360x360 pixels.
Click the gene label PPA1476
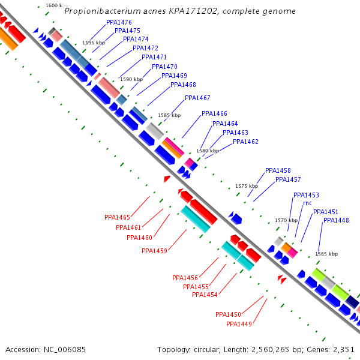pos(119,22)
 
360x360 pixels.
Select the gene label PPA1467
pos(197,98)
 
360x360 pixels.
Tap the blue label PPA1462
pos(245,142)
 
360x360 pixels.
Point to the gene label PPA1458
pos(278,170)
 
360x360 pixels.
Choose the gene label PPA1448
pos(336,220)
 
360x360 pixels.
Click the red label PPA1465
pos(117,217)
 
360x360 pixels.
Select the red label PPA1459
pos(154,251)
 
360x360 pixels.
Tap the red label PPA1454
pos(205,295)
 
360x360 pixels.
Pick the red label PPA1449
pos(239,324)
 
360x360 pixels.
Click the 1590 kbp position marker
pos(131,79)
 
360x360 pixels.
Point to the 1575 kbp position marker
pos(247,186)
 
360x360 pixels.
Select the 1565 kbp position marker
pos(326,254)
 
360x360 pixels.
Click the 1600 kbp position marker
pos(57,5)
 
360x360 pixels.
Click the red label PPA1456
pos(185,278)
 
